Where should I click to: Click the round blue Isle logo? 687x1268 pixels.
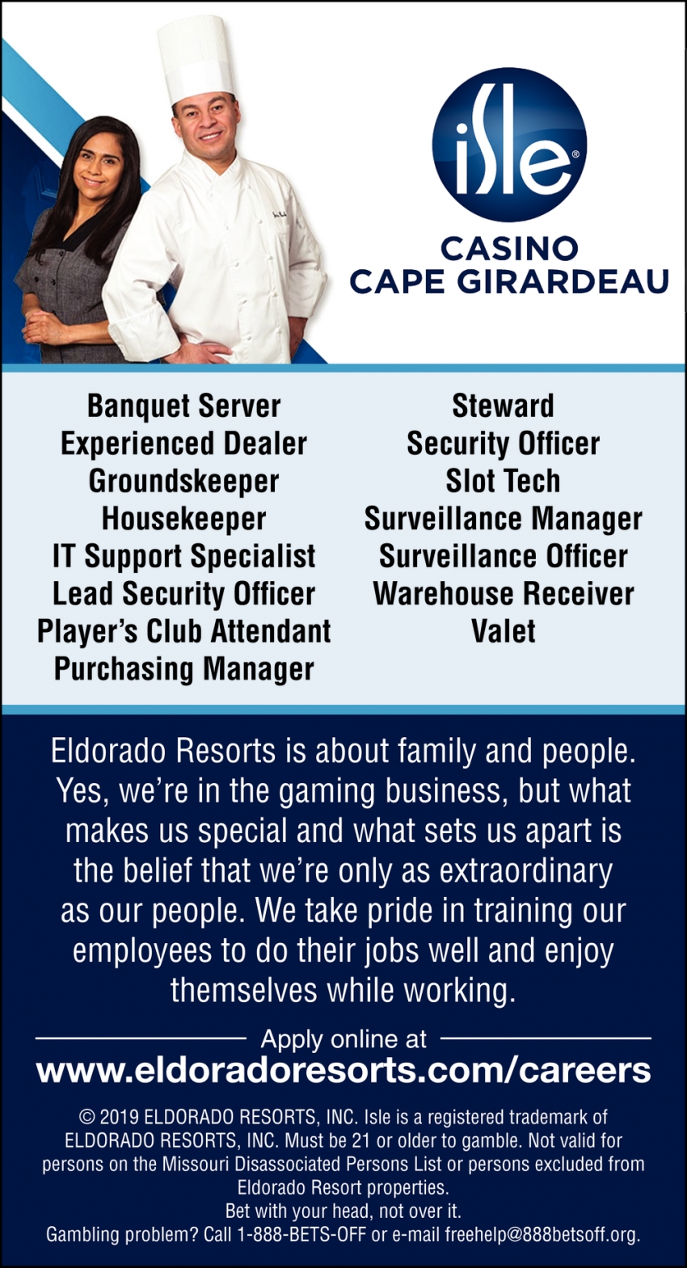509,145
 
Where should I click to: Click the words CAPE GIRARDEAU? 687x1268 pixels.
509,282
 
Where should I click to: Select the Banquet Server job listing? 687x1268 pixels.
184,406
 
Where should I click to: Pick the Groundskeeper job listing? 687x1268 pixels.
184,481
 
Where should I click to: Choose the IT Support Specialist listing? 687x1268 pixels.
184,556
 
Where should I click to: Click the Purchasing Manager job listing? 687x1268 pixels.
184,669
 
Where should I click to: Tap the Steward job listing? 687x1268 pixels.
503,406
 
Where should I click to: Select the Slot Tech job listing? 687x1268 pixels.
503,481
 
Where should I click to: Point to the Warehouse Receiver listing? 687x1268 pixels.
503,594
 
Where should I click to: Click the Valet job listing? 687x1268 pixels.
503,631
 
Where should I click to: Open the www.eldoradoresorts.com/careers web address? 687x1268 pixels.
343,1071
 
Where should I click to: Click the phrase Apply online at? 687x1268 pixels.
343,1039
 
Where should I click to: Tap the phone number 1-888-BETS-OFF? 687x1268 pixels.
301,1235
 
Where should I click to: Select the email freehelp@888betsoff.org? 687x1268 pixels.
542,1235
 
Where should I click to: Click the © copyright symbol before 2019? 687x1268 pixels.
87,1118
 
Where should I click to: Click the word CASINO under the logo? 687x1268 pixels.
509,248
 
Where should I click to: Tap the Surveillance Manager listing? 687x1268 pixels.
503,519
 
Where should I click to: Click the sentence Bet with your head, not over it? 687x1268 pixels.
343,1211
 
